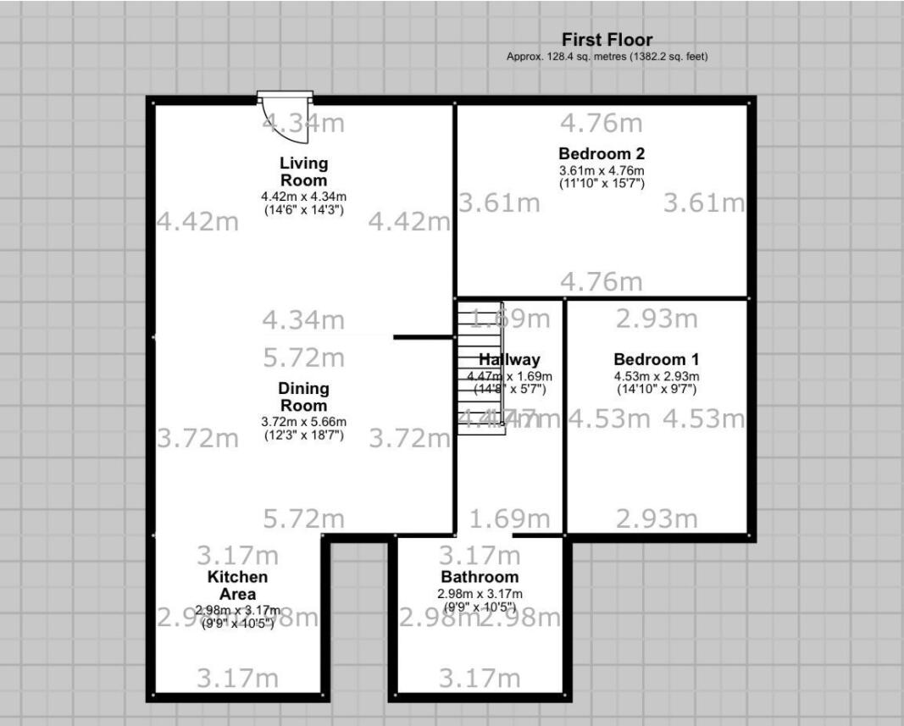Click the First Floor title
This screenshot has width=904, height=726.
coord(607,40)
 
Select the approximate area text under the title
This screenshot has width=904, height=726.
coord(607,57)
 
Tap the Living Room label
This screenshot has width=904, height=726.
coord(303,171)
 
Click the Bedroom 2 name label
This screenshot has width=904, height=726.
coord(602,154)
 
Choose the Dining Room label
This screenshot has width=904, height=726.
coord(303,397)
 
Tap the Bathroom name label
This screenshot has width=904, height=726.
coord(480,578)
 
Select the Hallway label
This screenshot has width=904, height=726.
coord(509,360)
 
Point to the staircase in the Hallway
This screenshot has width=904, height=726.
coord(480,369)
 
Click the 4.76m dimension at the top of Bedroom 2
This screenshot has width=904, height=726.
coord(602,124)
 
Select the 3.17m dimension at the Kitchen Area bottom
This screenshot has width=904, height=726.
coord(237,679)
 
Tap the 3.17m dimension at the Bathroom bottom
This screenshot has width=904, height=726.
coord(480,679)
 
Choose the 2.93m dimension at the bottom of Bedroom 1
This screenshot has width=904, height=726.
coord(657,518)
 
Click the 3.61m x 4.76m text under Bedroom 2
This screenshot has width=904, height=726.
coord(602,169)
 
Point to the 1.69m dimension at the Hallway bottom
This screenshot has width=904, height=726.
coord(509,518)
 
